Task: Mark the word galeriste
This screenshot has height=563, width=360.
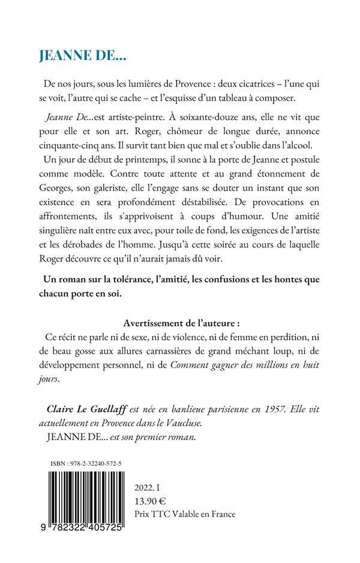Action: click(x=117, y=192)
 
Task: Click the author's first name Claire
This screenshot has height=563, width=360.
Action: click(x=62, y=407)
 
